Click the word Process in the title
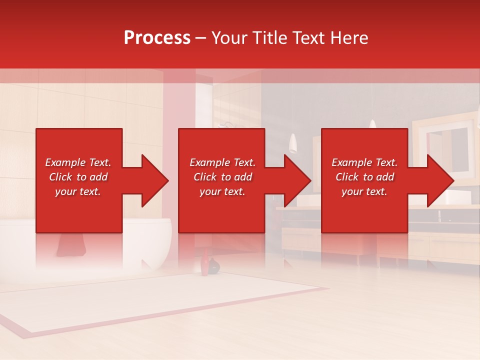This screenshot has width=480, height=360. [x=157, y=38]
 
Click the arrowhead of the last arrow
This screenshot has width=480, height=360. [x=439, y=180]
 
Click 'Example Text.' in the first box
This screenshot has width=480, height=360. [x=78, y=162]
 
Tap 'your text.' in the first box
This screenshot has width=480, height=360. [x=78, y=191]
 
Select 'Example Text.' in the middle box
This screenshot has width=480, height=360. [x=222, y=162]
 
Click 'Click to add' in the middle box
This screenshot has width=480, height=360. [x=222, y=177]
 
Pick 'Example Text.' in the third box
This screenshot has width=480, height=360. [x=364, y=162]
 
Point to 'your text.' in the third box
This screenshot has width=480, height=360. [x=364, y=191]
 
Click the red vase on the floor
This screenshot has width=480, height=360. [x=204, y=263]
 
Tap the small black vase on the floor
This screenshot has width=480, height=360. [x=214, y=266]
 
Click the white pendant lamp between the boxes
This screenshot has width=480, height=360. [x=293, y=142]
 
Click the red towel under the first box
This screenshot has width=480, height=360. [x=70, y=245]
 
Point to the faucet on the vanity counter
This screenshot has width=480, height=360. [x=439, y=215]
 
